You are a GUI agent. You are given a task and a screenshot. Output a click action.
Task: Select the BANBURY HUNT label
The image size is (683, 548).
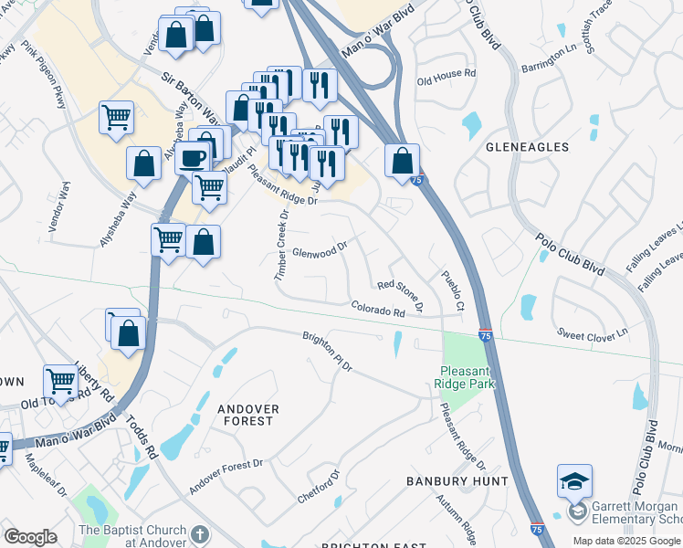point(443,480)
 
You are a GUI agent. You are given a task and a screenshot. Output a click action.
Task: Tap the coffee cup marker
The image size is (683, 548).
point(193,157)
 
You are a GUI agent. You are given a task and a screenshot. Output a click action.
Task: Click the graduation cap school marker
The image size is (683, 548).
point(574,480)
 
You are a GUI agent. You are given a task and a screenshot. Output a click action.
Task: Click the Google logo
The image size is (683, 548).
point(30,536)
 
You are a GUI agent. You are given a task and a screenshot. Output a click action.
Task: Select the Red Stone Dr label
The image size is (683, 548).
point(400,294)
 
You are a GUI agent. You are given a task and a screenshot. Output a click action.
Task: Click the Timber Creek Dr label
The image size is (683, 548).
point(282,245)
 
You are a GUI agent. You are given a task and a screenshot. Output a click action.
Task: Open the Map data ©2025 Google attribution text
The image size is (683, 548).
point(626,541)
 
